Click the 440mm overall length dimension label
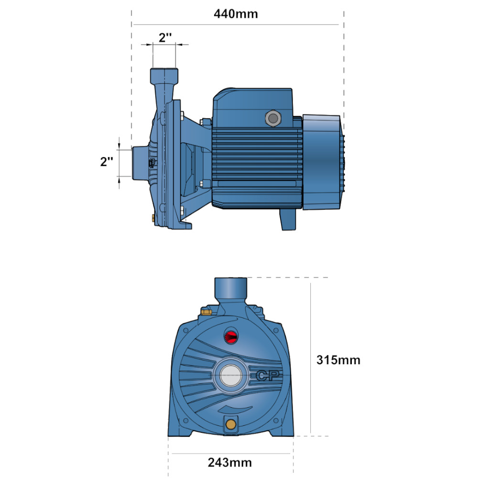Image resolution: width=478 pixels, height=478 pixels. (236, 14)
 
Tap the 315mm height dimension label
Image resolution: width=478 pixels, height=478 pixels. (338, 360)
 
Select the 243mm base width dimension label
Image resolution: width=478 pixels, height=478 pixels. (230, 462)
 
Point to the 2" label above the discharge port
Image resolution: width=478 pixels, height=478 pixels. (165, 37)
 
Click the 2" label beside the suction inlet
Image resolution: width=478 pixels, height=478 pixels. (107, 162)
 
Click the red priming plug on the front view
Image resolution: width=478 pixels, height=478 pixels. (231, 337)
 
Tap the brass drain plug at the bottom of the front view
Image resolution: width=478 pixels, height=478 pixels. (231, 424)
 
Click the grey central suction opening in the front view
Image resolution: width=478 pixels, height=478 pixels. (230, 375)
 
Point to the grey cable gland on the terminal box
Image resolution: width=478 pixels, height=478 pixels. (273, 118)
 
